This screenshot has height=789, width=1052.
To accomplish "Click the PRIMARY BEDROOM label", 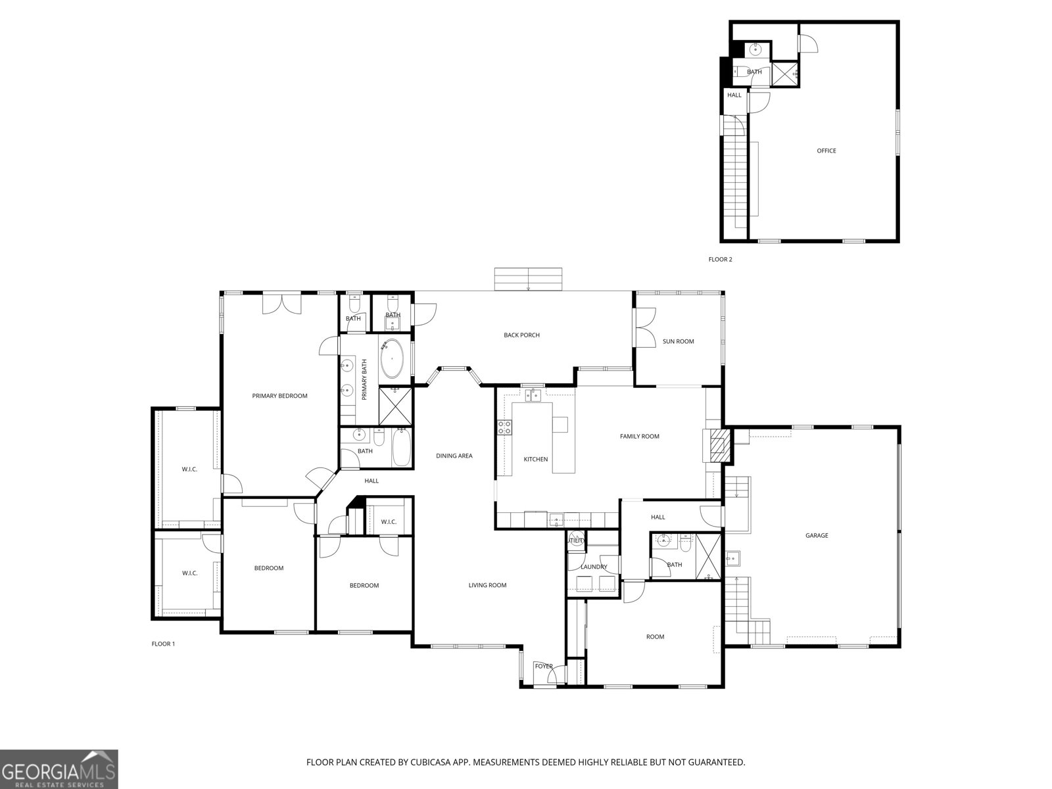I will [279, 396].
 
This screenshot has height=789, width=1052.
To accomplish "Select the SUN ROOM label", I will [678, 341].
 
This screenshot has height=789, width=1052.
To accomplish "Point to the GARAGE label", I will [817, 535].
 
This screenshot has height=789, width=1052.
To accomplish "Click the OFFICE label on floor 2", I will [826, 151].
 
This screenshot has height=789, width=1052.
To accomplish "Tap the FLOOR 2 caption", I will [720, 259].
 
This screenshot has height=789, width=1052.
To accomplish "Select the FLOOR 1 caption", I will [163, 644].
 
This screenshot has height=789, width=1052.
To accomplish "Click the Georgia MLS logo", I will [59, 769].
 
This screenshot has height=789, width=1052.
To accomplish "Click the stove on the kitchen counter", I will [505, 427].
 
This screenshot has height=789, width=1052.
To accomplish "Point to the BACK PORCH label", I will [521, 335].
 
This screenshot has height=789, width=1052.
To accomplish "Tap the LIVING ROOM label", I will [487, 585].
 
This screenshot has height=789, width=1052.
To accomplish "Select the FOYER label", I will [543, 666].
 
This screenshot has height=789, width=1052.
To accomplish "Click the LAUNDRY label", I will [594, 567].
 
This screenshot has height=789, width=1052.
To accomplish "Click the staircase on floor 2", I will [735, 178].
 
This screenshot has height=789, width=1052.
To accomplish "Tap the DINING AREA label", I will [454, 456].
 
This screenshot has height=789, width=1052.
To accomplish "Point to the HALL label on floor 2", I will [734, 95].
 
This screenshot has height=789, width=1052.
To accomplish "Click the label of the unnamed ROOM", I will [655, 636].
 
